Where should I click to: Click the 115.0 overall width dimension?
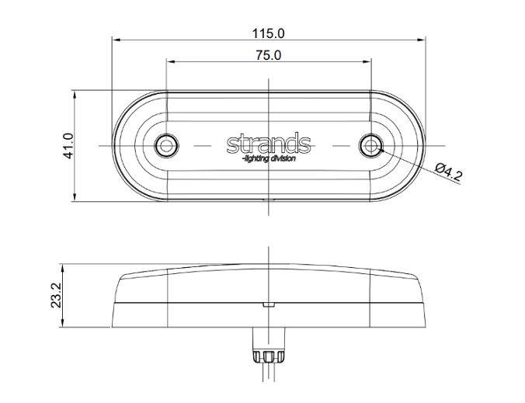pos(269,33)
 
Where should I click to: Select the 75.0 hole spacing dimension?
pos(268,55)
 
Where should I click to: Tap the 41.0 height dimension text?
pos(68,145)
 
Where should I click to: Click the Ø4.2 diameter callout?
pos(449,171)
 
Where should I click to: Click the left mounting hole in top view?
pos(165,145)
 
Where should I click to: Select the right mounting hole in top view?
pos(372,145)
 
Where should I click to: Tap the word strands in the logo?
pos(269,144)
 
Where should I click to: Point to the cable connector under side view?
pos(268,357)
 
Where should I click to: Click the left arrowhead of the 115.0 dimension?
pos(116,40)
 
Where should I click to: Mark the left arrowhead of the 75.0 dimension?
pos(170,62)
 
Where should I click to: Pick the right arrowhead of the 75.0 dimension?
pos(367,62)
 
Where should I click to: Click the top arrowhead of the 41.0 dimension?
pos(75,94)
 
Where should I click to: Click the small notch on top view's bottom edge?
pos(268,199)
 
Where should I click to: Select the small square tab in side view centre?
pos(268,304)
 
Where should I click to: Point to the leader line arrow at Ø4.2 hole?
pos(381,150)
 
